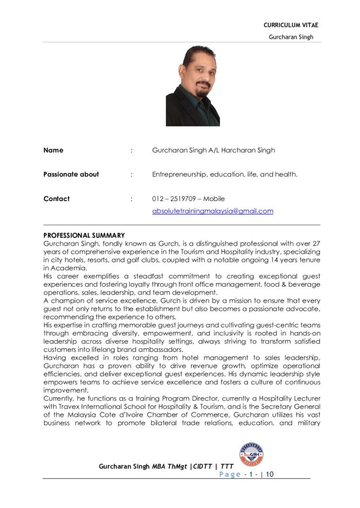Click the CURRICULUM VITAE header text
tap(290, 25)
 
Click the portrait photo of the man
tap(193, 85)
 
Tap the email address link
tap(213, 211)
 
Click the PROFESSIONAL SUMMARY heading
tap(84, 235)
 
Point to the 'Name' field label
tap(54, 150)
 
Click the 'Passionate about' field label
tap(71, 175)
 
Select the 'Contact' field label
tap(57, 199)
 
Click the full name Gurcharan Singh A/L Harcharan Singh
tap(214, 150)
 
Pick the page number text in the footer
tap(246, 474)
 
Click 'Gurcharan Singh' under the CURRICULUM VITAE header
tap(291, 37)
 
